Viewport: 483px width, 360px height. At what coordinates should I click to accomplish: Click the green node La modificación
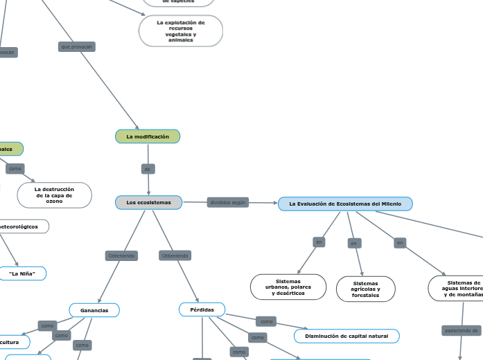(148, 137)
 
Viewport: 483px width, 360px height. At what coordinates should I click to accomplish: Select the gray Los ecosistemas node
(148, 202)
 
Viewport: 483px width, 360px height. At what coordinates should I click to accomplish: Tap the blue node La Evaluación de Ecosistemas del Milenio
(345, 204)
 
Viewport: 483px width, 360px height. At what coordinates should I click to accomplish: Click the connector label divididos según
(228, 202)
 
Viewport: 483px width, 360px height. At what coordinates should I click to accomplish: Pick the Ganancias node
(94, 310)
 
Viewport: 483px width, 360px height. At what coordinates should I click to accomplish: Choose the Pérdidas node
(202, 309)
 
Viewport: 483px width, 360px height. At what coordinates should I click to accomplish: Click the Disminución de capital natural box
(346, 336)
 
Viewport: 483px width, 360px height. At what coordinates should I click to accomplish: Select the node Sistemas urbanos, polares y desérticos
(288, 287)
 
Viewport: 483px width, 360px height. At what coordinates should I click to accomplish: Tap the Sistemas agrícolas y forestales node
(365, 289)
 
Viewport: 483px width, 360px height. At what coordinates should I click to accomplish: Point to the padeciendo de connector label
(461, 331)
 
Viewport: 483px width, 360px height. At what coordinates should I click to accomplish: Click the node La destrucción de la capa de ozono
(54, 195)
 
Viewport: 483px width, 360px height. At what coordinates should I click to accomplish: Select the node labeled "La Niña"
(22, 273)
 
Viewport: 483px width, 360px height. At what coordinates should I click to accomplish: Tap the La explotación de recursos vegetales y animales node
(181, 31)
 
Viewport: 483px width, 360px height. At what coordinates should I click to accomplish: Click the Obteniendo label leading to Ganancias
(122, 255)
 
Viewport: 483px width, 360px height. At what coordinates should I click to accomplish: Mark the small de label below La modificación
(148, 169)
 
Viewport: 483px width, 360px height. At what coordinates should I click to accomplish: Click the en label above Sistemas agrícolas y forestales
(354, 243)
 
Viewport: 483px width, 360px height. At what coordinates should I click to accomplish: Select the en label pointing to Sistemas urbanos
(319, 242)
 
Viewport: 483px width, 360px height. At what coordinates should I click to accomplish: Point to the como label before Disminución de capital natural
(266, 321)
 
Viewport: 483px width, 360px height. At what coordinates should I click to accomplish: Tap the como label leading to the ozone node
(15, 168)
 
